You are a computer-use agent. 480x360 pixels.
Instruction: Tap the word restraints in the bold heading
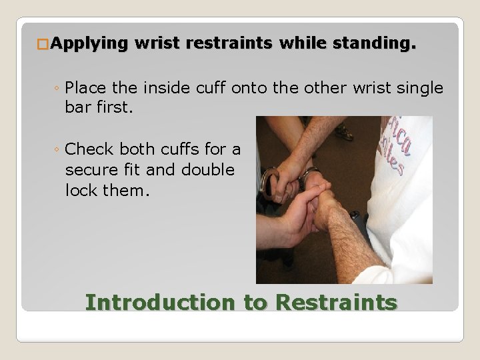(229, 44)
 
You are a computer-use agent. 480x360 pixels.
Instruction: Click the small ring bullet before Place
(59, 88)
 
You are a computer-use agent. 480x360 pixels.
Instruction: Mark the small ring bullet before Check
(59, 149)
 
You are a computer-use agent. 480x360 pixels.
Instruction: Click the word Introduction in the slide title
(160, 302)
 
